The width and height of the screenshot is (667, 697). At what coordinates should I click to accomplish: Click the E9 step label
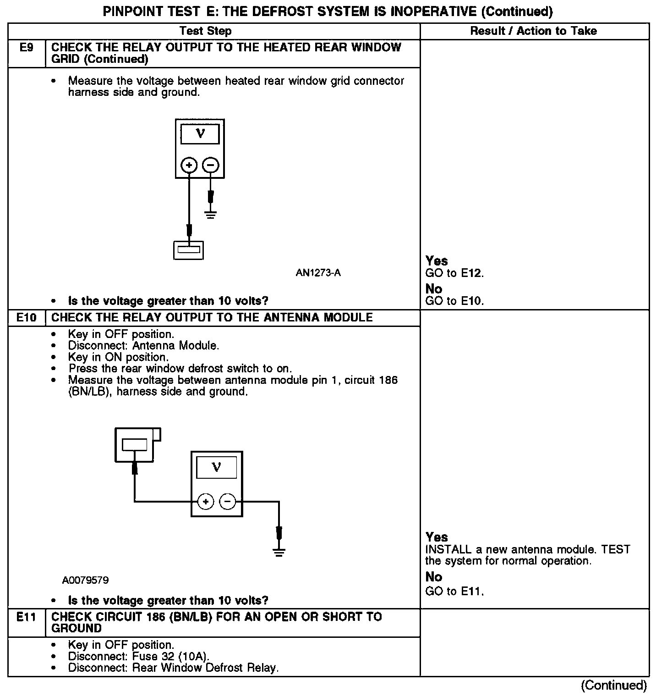click(x=27, y=48)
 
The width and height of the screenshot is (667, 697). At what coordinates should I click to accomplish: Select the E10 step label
click(x=27, y=317)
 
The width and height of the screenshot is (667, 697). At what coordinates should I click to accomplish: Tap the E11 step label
click(x=27, y=617)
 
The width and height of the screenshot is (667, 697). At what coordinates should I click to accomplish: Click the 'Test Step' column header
click(x=205, y=31)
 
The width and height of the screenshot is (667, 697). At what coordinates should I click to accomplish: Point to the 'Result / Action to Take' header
click(x=534, y=31)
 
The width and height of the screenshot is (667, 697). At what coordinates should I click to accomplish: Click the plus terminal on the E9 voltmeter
click(x=189, y=165)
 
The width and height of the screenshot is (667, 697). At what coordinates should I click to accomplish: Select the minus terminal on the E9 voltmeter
click(x=211, y=165)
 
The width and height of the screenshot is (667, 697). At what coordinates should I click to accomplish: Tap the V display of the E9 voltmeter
click(x=200, y=134)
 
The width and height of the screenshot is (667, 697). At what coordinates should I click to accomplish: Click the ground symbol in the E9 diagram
click(x=210, y=214)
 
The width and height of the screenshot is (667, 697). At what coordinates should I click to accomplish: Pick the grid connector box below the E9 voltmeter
click(x=188, y=250)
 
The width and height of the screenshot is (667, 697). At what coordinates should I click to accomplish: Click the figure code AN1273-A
click(x=318, y=273)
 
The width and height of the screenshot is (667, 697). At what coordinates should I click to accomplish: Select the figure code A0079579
click(x=86, y=581)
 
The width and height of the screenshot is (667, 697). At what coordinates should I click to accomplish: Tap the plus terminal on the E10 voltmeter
click(x=206, y=502)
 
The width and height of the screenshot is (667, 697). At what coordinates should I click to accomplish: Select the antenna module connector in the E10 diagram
click(x=136, y=444)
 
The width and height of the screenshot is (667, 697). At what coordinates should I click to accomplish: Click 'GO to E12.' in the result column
click(x=454, y=274)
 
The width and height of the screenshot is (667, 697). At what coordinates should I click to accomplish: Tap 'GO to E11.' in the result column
click(x=454, y=592)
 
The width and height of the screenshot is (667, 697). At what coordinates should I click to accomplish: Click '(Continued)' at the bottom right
click(x=613, y=686)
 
